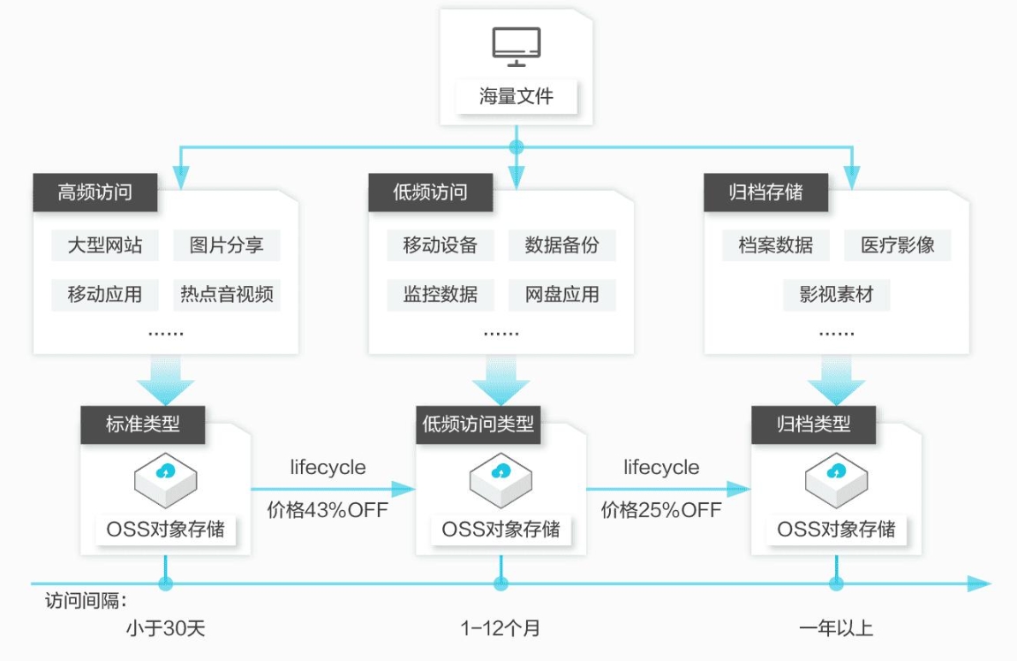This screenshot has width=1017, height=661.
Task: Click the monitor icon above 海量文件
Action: pyautogui.click(x=516, y=47)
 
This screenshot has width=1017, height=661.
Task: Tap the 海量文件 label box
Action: pyautogui.click(x=516, y=95)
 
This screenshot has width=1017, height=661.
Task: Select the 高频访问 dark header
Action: pyautogui.click(x=95, y=192)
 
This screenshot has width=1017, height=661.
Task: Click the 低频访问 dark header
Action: pyautogui.click(x=430, y=192)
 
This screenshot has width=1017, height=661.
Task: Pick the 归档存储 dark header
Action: pyautogui.click(x=765, y=192)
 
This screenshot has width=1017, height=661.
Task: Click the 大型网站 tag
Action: pyautogui.click(x=104, y=244)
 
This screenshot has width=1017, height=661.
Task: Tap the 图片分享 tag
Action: pyautogui.click(x=226, y=244)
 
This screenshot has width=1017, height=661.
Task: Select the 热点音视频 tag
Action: pyautogui.click(x=226, y=294)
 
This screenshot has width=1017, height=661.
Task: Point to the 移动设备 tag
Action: pyautogui.click(x=440, y=244)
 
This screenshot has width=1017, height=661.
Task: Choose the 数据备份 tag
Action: pyautogui.click(x=561, y=244)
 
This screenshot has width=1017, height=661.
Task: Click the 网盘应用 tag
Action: pyautogui.click(x=561, y=294)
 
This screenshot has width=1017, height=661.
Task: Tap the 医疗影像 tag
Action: pyautogui.click(x=897, y=244)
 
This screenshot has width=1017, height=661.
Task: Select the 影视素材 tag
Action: pyautogui.click(x=836, y=294)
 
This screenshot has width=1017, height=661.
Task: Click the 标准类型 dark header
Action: pyautogui.click(x=143, y=424)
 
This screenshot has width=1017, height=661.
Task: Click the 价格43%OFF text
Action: pyautogui.click(x=328, y=510)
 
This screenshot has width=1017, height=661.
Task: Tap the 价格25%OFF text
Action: pyautogui.click(x=661, y=510)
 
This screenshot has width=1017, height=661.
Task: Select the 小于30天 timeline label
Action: pyautogui.click(x=166, y=628)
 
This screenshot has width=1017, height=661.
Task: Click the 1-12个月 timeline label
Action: pyautogui.click(x=501, y=628)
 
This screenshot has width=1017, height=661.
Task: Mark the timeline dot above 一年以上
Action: pyautogui.click(x=836, y=583)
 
